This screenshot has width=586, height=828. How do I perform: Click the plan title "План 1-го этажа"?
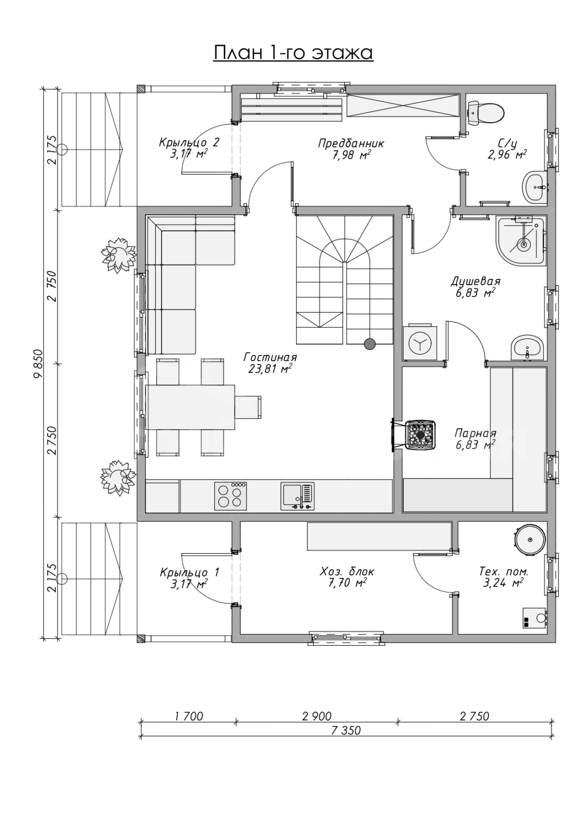(x=293, y=53)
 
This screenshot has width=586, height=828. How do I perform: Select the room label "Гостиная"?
(x=270, y=358)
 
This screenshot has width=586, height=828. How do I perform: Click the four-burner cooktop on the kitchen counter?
(x=230, y=496)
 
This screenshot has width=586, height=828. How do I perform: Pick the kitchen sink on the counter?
(x=297, y=496)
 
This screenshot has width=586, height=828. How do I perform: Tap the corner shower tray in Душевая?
(x=521, y=241)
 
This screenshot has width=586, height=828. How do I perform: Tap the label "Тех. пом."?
(x=504, y=571)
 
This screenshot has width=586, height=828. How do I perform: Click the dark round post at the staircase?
(x=370, y=344)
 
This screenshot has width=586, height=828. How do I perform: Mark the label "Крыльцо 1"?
(x=189, y=572)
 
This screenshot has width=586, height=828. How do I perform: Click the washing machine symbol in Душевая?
(x=420, y=343)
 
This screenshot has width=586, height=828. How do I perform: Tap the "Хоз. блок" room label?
(x=347, y=571)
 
